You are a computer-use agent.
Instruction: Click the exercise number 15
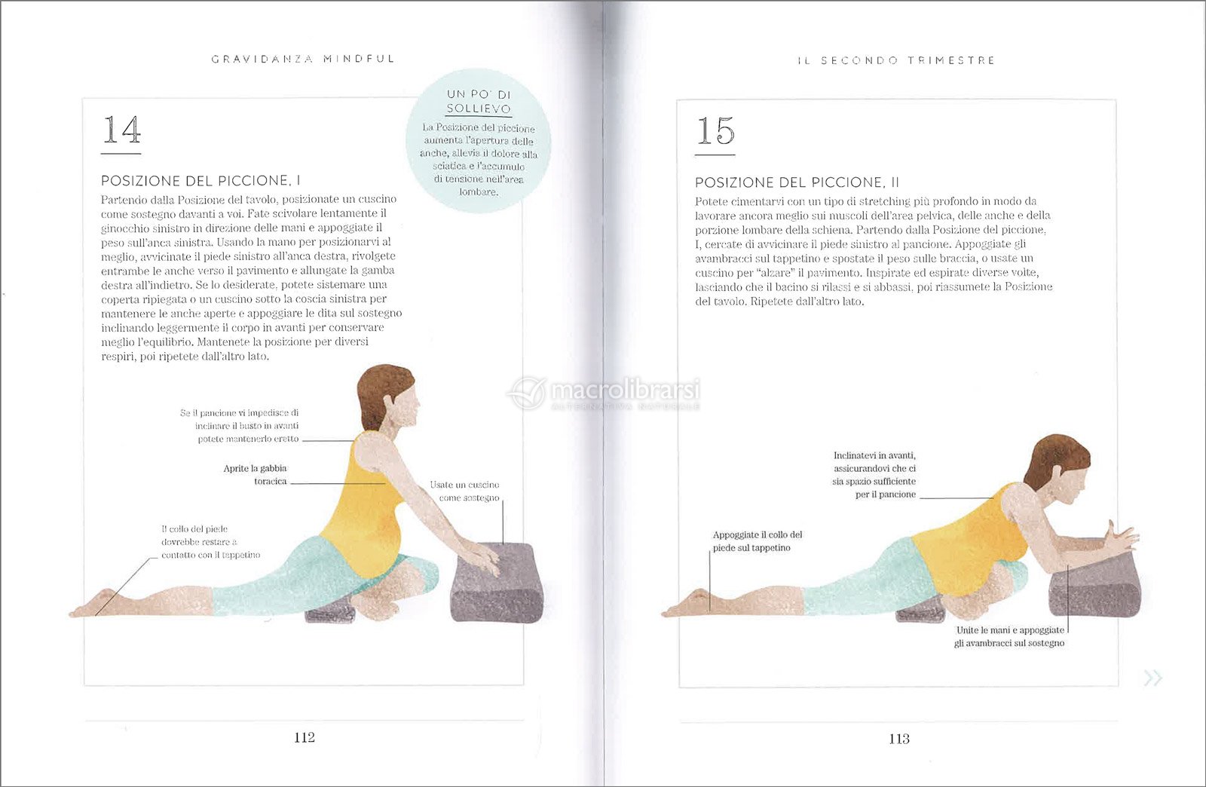click(x=715, y=131)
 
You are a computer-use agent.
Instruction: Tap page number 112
click(x=305, y=737)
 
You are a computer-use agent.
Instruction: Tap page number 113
click(x=899, y=739)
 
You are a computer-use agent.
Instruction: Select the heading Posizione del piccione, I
click(x=200, y=180)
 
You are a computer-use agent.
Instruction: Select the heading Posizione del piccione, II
click(x=797, y=182)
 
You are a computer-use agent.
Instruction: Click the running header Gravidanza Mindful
click(x=303, y=59)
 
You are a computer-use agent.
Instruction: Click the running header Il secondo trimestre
click(x=896, y=60)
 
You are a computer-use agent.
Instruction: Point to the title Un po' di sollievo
click(x=478, y=101)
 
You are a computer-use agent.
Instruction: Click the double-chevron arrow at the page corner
click(x=1152, y=678)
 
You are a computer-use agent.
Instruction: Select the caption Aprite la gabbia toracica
click(x=256, y=475)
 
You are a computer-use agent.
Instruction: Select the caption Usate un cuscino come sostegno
click(x=464, y=491)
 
